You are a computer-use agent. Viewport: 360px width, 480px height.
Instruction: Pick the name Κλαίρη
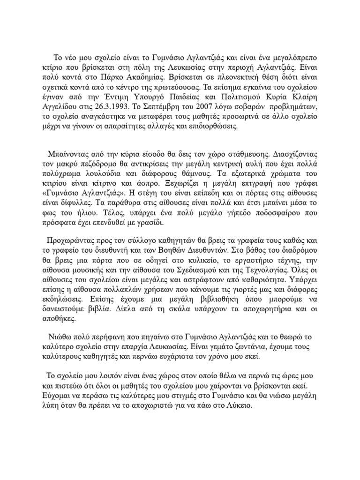[290, 108]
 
